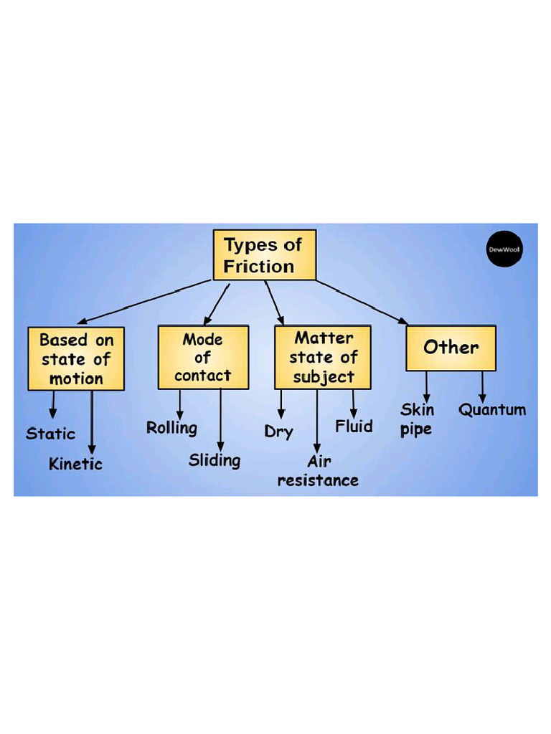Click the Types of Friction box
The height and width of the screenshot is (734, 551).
click(264, 255)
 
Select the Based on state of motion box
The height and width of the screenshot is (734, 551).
click(76, 358)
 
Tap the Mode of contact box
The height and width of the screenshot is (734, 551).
click(203, 357)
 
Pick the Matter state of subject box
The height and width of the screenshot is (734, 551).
click(323, 357)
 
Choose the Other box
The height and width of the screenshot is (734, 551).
click(451, 348)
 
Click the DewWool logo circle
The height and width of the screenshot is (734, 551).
click(505, 249)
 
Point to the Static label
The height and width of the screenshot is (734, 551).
click(50, 434)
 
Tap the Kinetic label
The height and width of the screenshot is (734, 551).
click(75, 464)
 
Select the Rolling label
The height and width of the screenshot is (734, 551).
click(171, 428)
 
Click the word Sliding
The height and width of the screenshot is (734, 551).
click(215, 460)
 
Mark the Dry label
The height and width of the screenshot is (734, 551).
click(278, 432)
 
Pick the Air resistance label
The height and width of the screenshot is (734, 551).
click(318, 471)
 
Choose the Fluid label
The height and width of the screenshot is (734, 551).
click(354, 426)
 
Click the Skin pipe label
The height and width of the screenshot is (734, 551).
click(417, 420)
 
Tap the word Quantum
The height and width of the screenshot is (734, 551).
click(492, 410)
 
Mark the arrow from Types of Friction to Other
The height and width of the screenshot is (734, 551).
click(362, 301)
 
